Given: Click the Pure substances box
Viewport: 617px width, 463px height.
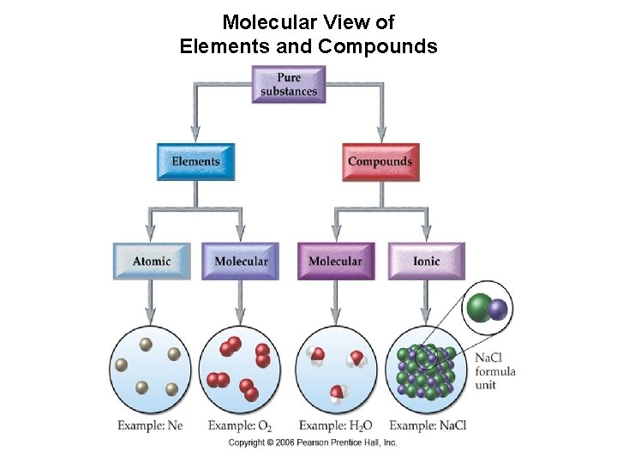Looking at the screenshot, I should (289, 84).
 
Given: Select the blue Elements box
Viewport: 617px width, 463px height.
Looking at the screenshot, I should (195, 162).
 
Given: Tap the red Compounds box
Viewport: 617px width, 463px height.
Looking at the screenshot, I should (380, 162).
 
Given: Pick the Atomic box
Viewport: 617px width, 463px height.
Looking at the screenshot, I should (152, 262).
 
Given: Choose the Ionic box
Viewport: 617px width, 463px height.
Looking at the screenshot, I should (426, 262).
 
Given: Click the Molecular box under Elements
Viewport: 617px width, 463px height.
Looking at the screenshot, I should (241, 262).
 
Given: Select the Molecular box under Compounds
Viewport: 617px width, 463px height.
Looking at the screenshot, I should (335, 262).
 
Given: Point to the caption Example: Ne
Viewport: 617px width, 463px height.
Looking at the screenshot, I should (151, 425).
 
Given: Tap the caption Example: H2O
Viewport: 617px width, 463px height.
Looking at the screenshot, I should (336, 425).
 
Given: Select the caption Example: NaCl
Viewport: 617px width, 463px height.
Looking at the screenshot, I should (428, 425).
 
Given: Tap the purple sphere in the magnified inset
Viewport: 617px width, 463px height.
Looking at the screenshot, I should (498, 310).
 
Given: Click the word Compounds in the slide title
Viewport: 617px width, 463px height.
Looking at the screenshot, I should (377, 46).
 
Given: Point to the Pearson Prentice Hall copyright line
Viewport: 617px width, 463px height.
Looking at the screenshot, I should (313, 443).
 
